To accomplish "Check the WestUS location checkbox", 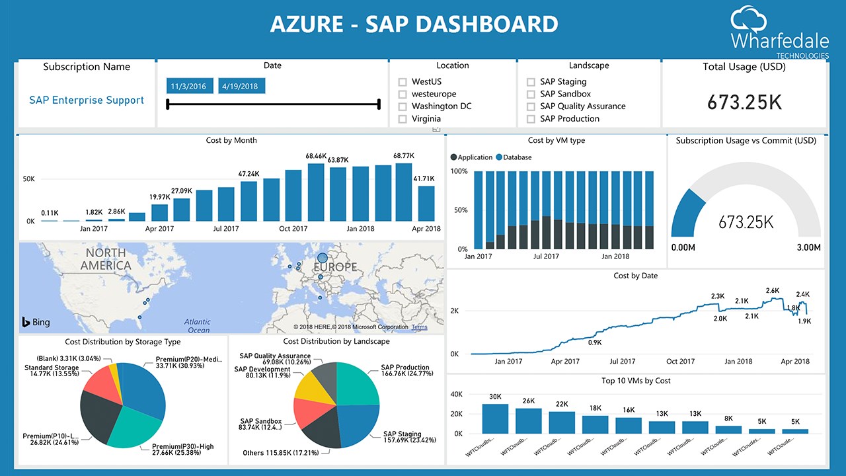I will click(403, 82).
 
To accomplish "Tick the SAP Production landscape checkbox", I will click(531, 119).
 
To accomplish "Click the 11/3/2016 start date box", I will click(188, 86).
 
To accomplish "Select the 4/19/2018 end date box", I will click(241, 86).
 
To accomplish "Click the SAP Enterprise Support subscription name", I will click(87, 100).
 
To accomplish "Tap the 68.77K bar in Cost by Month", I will click(404, 192).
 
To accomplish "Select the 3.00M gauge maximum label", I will click(808, 247).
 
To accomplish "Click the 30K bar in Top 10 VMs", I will click(495, 418).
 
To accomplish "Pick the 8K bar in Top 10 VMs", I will click(728, 430).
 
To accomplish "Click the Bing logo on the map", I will click(36, 323).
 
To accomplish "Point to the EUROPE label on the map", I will click(335, 267).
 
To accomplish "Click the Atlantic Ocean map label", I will click(198, 326).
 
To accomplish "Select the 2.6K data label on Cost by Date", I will click(772, 291).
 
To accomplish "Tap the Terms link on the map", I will click(419, 327).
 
